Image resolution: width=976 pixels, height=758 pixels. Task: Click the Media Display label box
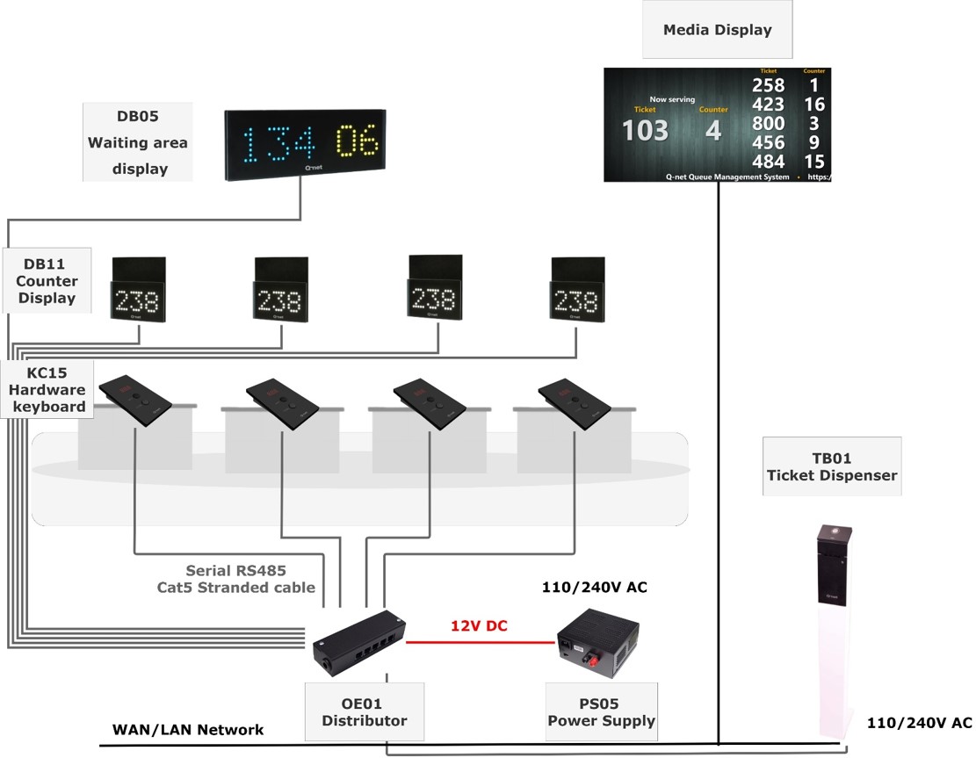point(717,30)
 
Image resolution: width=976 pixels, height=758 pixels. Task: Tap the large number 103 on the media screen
point(645,131)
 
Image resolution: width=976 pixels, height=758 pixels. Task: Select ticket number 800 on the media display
point(768,124)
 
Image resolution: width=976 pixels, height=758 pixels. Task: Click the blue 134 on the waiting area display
point(278,141)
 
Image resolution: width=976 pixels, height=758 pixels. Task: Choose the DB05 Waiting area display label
point(138,142)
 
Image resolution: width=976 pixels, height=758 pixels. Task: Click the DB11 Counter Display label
point(47,281)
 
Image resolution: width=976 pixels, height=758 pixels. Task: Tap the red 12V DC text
point(480,626)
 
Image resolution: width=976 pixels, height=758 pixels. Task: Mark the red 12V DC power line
point(480,642)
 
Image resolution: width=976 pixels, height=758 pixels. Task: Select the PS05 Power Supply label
point(602,712)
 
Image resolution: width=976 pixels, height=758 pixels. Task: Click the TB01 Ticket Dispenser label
point(832,466)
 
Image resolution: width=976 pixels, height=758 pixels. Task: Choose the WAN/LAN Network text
point(188,730)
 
